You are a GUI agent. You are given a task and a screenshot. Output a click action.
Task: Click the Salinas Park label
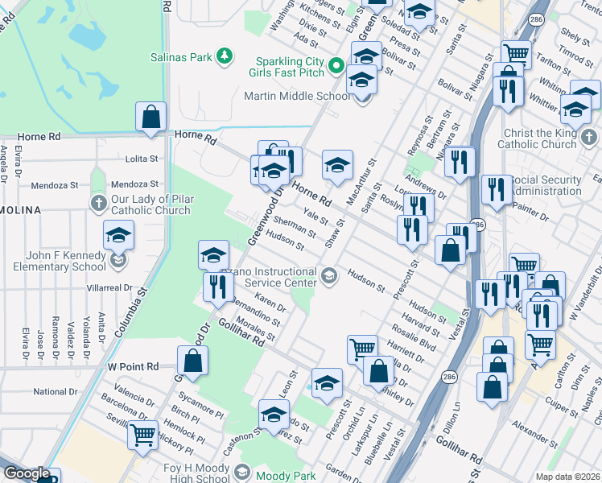point(181,57)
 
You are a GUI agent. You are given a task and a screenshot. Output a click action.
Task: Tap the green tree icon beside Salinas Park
point(227,56)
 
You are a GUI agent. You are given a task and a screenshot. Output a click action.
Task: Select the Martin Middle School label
point(298,97)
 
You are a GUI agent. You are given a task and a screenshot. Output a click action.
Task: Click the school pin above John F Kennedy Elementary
point(119,236)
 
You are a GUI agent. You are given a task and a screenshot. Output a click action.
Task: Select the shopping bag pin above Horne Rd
point(150,118)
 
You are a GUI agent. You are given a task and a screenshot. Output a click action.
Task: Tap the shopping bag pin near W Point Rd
point(192,361)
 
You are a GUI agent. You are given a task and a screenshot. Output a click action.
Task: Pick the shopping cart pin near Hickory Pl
point(143,435)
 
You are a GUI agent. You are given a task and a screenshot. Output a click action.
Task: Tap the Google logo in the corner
point(27,473)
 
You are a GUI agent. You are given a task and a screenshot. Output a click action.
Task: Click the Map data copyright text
point(568,477)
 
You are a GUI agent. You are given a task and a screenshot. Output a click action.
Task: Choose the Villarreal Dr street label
point(111,287)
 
